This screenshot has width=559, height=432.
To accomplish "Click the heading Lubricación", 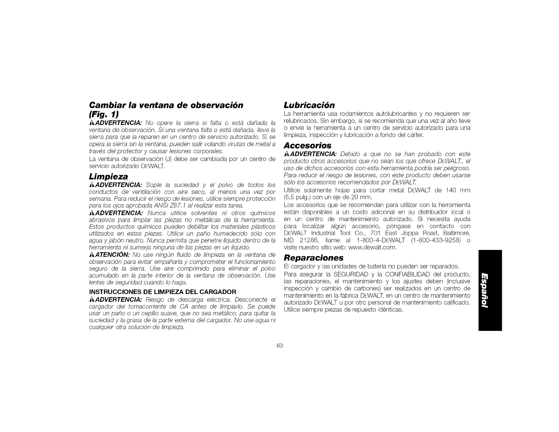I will [x=309, y=105].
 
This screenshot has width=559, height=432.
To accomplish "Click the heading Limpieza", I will [x=108, y=176].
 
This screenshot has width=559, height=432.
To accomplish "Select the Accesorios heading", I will [x=308, y=145].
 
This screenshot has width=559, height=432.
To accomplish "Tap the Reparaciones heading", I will [x=313, y=257].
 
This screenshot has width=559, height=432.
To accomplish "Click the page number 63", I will [x=279, y=346].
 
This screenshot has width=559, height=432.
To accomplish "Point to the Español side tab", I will [x=490, y=290].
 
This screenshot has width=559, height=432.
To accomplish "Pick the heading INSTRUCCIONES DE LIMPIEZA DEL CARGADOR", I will [x=163, y=292].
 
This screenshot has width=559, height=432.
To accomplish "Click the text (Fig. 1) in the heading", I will [x=104, y=114].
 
